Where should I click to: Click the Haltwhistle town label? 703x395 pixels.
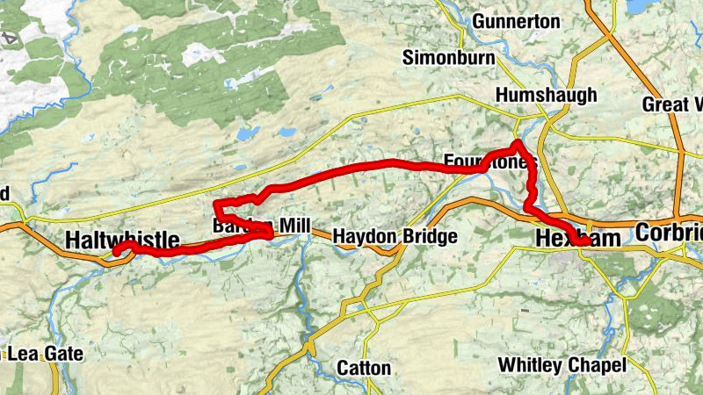coord(122,240)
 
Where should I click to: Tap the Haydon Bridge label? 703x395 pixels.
coord(395,237)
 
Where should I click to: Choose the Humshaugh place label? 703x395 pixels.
coord(546,95)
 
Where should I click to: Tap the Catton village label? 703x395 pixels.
coord(365,368)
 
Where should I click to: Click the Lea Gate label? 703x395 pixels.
coord(44,354)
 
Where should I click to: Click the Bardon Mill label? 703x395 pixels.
coord(261,226)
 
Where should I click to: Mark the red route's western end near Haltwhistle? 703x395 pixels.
coord(116,253)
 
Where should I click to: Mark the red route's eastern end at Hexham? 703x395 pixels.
coord(586,242)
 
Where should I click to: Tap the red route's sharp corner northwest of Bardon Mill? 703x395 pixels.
coord(216,205)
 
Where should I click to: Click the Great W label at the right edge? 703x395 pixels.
coord(672,104)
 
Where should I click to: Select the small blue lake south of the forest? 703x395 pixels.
coord(287,133)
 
